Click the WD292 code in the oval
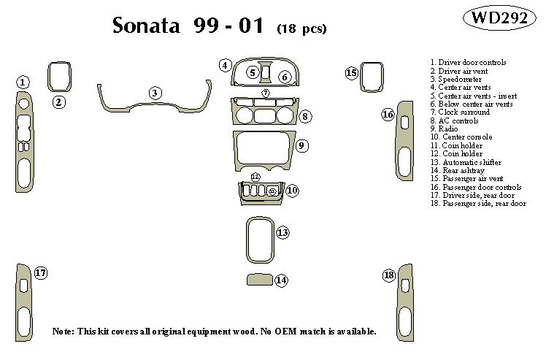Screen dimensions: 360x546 click(499, 20)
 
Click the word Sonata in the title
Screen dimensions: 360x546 click(148, 26)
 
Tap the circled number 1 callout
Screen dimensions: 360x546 click(23, 83)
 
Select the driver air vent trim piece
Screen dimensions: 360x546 click(59, 76)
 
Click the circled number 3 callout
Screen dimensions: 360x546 click(155, 93)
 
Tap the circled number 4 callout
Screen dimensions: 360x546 click(226, 66)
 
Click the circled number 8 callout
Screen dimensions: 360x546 click(305, 116)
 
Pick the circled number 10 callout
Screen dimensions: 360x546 click(292, 191)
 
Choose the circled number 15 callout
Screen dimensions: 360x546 click(352, 72)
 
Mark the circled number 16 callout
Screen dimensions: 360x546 click(388, 115)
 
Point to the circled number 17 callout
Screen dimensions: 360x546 click(41, 273)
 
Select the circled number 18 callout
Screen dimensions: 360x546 click(388, 275)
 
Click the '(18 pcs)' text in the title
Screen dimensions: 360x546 click(301, 29)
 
